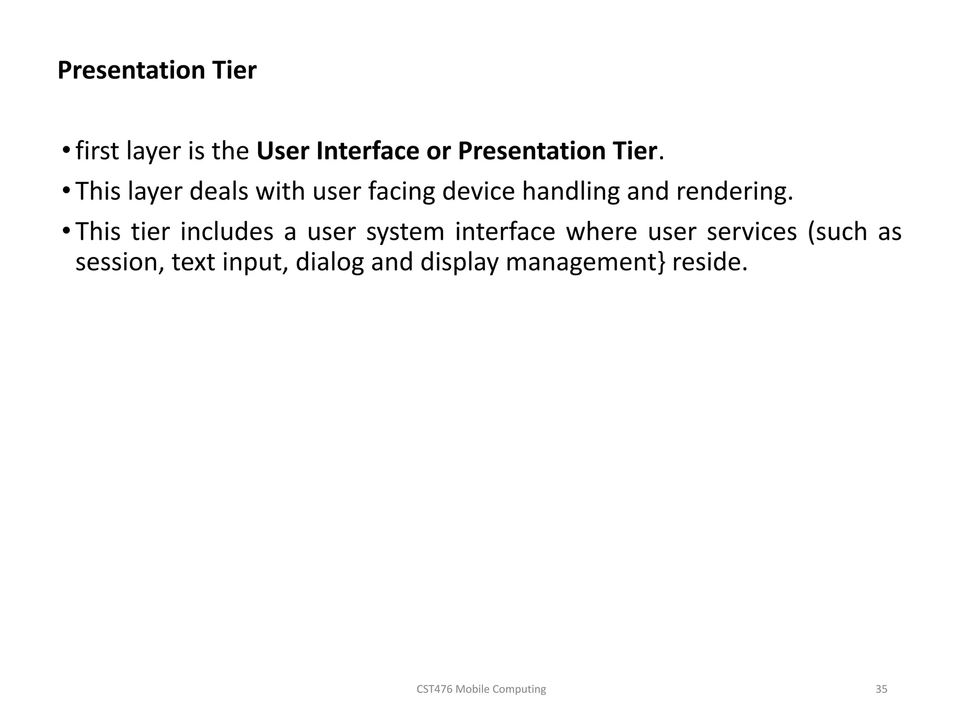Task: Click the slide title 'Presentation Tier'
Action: tap(157, 71)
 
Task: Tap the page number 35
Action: tap(881, 689)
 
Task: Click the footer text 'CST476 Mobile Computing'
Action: tap(481, 689)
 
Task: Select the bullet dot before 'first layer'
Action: tap(66, 150)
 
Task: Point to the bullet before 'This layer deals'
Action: tap(66, 191)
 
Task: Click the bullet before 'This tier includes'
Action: tap(66, 231)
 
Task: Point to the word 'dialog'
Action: tap(330, 262)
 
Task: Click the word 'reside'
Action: tap(709, 262)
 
